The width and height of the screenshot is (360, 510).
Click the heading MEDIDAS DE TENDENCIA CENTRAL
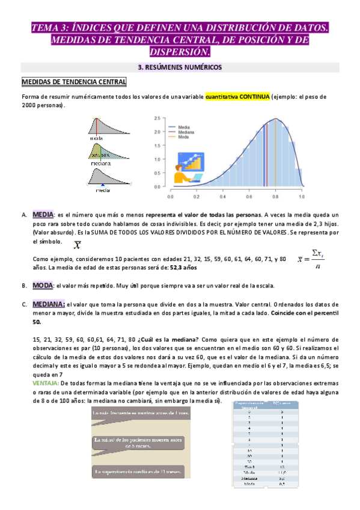click(x=74, y=82)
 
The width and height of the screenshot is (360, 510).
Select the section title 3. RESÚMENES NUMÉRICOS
click(x=180, y=67)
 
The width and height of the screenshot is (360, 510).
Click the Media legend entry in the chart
click(x=183, y=127)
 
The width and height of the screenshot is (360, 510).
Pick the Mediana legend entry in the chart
click(x=185, y=132)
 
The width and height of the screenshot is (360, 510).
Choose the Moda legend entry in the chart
click(x=183, y=137)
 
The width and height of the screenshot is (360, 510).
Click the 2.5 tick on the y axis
click(x=156, y=118)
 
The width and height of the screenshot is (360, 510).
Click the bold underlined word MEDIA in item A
click(x=43, y=214)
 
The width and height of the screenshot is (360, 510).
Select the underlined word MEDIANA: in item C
click(x=48, y=304)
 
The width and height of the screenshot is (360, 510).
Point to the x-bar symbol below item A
click(x=78, y=245)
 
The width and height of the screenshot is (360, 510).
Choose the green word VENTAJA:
click(x=45, y=383)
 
